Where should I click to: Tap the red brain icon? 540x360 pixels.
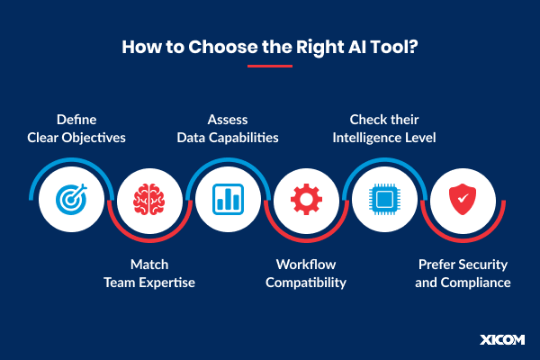pos(148,198)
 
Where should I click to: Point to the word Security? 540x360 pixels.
pos(483,265)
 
